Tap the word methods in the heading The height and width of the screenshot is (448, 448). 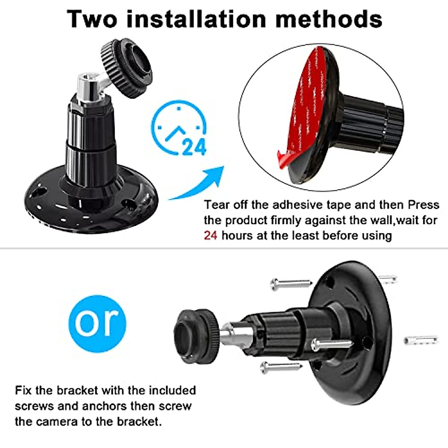329,19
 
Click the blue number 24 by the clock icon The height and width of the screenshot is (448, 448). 194,147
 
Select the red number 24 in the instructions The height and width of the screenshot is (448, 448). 210,236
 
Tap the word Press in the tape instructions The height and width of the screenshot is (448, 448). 423,205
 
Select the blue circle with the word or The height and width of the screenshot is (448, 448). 97,323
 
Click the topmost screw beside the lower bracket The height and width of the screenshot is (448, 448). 291,284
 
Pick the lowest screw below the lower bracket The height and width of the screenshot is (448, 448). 281,368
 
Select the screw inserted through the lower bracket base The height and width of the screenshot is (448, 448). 330,344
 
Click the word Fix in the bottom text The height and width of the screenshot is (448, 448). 24,391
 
